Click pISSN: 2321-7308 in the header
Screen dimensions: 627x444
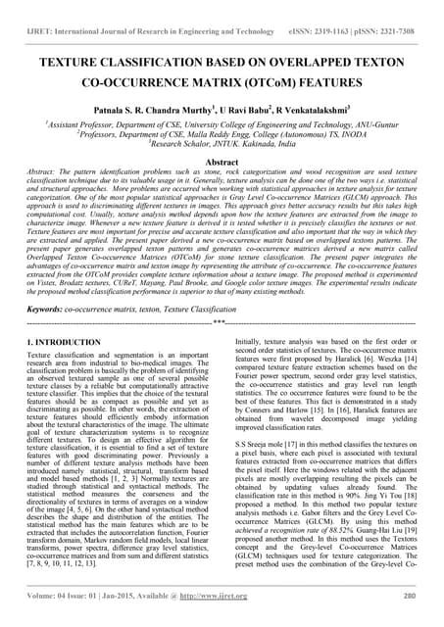pos(390,12)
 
